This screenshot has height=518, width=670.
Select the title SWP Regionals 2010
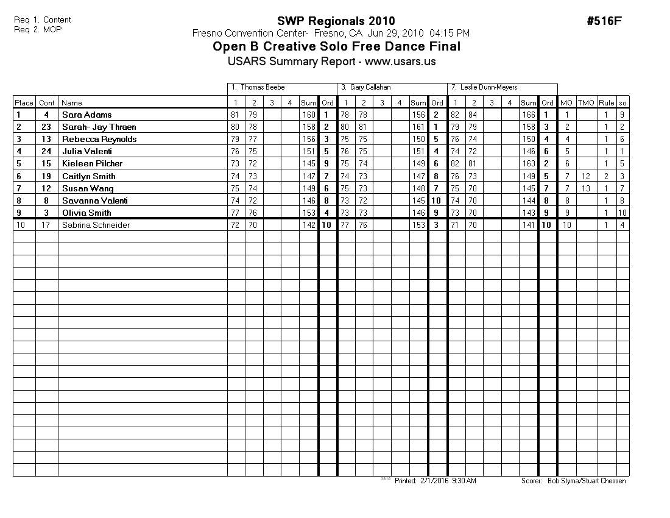point(336,21)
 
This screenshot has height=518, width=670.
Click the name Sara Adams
point(86,115)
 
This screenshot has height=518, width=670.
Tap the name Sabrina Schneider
point(96,225)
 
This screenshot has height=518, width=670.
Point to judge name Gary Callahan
point(371,88)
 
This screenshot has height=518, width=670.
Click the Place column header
point(24,103)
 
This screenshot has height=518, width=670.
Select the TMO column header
point(586,103)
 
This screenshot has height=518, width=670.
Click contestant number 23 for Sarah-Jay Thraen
point(46,127)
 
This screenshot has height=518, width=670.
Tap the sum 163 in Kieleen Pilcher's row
point(529,163)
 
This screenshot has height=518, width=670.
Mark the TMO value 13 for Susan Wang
point(586,188)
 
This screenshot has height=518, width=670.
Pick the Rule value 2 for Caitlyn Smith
point(606,176)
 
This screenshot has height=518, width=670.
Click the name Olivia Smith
point(86,213)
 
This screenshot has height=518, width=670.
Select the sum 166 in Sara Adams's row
point(529,115)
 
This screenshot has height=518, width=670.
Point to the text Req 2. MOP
point(38,29)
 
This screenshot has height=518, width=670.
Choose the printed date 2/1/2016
point(434,481)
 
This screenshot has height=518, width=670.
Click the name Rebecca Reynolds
point(99,139)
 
